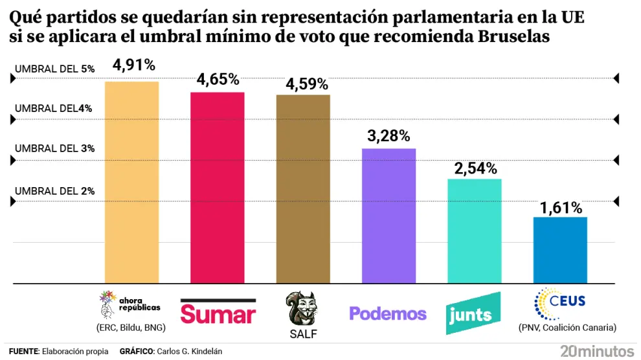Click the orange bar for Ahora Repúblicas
click(131, 182)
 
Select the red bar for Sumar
click(217, 188)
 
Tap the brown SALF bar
click(303, 189)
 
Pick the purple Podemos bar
click(388, 216)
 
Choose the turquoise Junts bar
click(475, 231)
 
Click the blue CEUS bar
click(560, 250)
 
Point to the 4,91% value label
click(133, 65)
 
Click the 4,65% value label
click(218, 80)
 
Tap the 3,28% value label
click(388, 136)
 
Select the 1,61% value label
click(561, 208)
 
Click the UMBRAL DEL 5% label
click(55, 68)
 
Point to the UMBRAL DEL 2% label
click(55, 191)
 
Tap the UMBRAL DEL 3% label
click(55, 148)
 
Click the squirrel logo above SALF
click(302, 308)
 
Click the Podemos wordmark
click(388, 313)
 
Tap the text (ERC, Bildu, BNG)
click(131, 328)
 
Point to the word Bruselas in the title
click(514, 37)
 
